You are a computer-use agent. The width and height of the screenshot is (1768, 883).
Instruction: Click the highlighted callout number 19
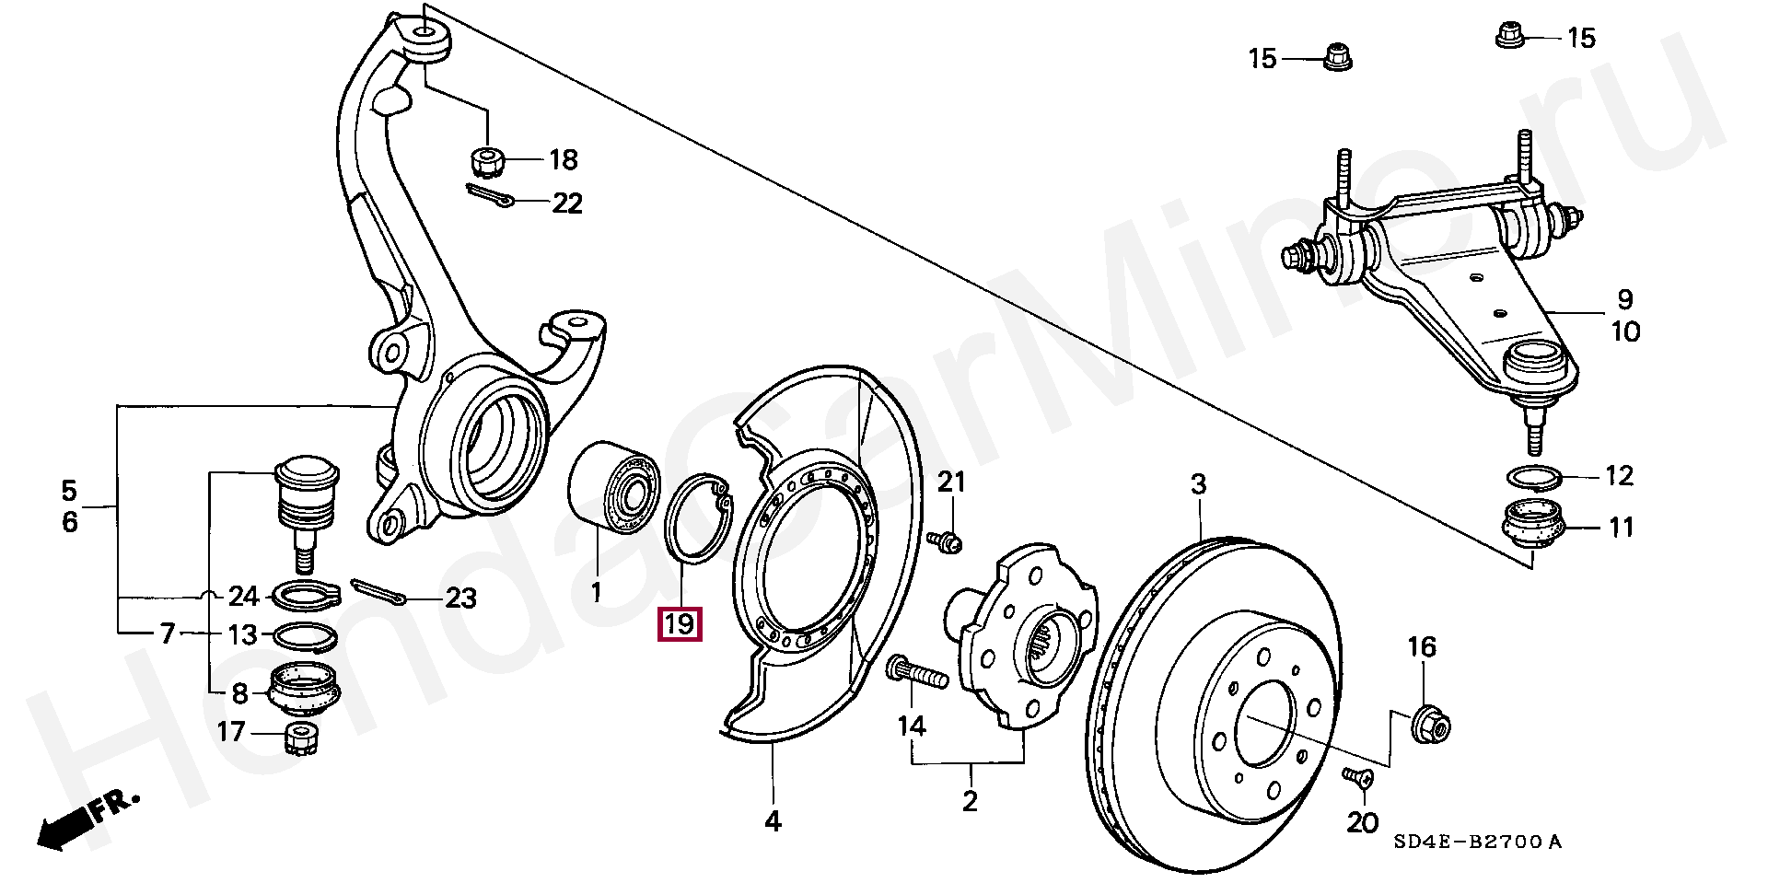pos(679,625)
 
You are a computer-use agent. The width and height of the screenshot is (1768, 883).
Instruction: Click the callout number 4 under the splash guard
pos(773,821)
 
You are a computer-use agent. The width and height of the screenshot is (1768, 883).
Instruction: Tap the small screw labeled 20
pos(1359,777)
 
